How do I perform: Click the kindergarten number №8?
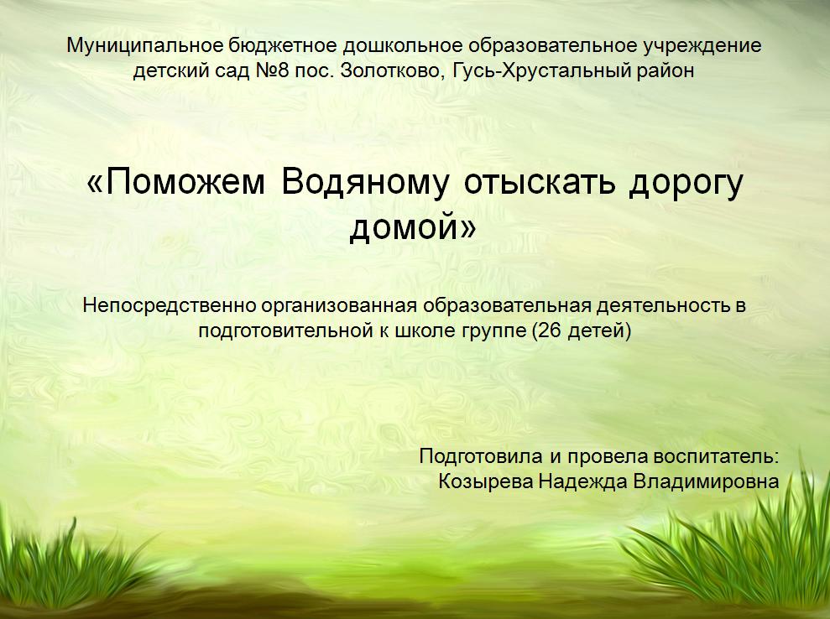(272, 70)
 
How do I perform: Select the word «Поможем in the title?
(175, 183)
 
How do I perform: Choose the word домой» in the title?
(413, 228)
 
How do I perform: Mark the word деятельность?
(663, 306)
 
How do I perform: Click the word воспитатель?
(716, 456)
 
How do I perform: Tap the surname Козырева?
(486, 482)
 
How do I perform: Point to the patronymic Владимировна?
(706, 482)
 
